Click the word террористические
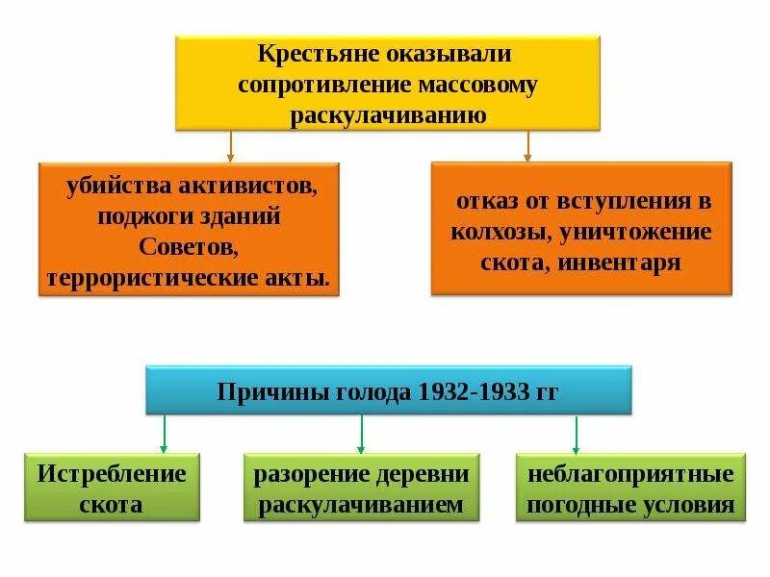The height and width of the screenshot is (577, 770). [x=156, y=279]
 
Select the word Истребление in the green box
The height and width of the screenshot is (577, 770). [x=112, y=473]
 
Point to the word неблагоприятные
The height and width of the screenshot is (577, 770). [x=630, y=474]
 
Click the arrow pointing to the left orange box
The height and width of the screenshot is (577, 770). [x=231, y=146]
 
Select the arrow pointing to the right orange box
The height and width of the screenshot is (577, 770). [x=527, y=146]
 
